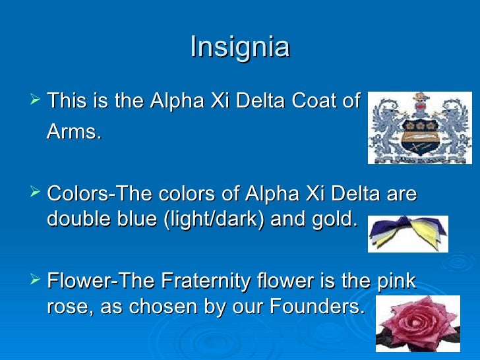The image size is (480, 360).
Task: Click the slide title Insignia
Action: coord(239,47)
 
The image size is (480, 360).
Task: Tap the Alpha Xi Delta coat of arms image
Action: coord(419,127)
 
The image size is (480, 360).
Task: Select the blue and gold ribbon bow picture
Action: coord(407,234)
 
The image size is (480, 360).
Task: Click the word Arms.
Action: coord(74,133)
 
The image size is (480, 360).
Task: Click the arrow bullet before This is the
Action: coord(35,101)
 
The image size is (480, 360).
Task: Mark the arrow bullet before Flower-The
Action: coord(35,281)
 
